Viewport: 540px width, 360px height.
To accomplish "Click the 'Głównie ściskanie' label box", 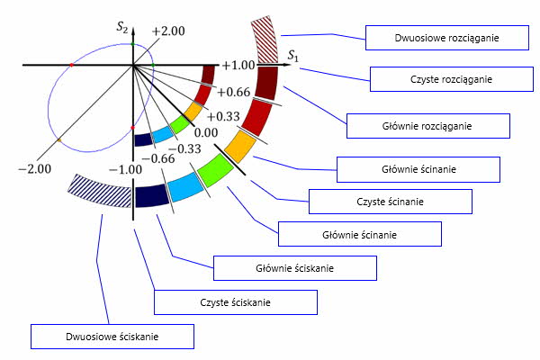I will click(x=294, y=268).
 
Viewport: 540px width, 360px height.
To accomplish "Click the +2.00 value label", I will click(x=168, y=31).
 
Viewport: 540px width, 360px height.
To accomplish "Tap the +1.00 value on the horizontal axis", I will click(x=238, y=66).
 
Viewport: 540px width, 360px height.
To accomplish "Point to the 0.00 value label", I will click(x=207, y=132).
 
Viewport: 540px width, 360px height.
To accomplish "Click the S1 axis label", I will click(x=293, y=56).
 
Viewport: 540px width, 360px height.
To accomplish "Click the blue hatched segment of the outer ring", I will click(x=99, y=190).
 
